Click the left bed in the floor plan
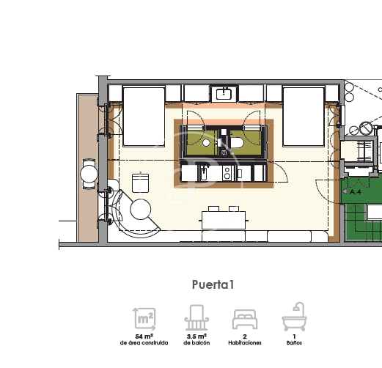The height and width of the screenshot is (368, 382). [x=144, y=117]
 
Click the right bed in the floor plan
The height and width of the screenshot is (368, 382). [x=304, y=117]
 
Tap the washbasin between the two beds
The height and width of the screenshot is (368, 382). [x=224, y=93]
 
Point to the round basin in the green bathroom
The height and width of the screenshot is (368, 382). [x=206, y=142]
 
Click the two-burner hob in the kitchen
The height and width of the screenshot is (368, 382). [x=227, y=173]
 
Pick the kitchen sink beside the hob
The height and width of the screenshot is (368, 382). [x=204, y=173]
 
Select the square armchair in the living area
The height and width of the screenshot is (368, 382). [x=140, y=183]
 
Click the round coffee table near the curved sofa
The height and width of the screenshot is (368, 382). [x=141, y=210]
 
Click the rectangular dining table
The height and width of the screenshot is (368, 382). [x=224, y=220]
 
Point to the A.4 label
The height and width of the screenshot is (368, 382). [x=355, y=192]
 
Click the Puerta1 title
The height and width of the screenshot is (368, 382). [x=213, y=284]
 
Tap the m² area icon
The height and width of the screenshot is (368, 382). [x=144, y=319]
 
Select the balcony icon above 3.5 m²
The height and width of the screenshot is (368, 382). [x=196, y=317]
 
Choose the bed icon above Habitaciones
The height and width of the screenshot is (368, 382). [x=245, y=320]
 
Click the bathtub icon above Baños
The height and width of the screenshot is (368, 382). [x=294, y=317]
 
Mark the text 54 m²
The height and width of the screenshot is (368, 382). [x=144, y=336]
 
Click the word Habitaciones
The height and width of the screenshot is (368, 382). [x=245, y=343]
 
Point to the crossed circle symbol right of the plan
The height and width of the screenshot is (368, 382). [x=365, y=128]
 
